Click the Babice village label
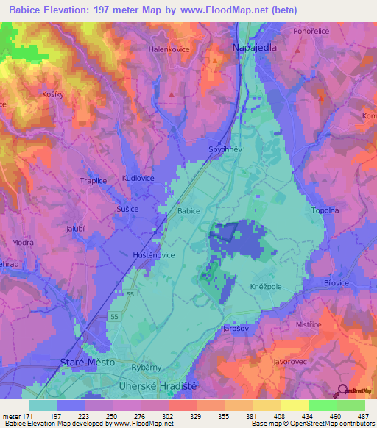pos(188,210)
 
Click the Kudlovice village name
pos(138,179)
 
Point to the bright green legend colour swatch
pos(323,405)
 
